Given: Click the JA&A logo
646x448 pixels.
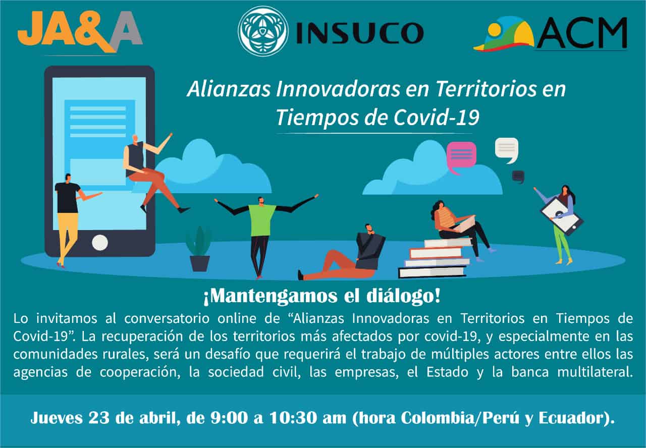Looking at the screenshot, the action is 80,32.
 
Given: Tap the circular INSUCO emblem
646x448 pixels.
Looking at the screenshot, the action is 263,31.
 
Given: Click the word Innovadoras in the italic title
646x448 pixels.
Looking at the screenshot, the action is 338,89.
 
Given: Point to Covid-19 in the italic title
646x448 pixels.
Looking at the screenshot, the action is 437,118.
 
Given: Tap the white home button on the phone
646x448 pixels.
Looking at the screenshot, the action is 100,243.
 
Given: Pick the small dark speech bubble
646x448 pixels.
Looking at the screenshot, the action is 518,177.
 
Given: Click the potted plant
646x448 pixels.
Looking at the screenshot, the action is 199,249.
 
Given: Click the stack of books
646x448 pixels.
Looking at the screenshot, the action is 435,258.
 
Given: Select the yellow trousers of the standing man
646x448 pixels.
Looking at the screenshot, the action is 68,234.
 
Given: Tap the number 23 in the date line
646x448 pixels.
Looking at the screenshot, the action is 98,418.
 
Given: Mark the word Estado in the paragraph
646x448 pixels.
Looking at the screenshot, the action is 447,372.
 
